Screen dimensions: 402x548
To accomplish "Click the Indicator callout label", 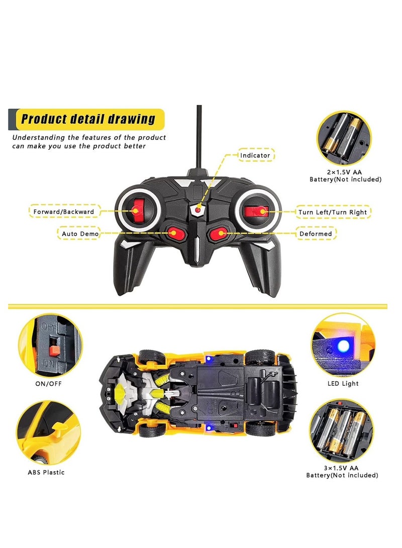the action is [255, 155].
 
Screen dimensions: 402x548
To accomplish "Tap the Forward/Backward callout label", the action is [64, 211].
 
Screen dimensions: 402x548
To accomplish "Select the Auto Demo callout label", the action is [80, 234].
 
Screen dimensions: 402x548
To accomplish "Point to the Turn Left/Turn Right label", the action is [333, 212].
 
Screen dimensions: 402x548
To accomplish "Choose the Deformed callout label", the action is [316, 234].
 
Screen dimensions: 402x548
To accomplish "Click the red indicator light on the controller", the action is [198, 210].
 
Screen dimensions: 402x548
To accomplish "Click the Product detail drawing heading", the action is [88, 119].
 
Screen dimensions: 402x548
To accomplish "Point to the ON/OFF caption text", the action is [48, 383].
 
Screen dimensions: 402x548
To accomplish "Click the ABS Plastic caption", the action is [46, 472].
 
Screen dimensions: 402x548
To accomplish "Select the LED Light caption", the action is [343, 383].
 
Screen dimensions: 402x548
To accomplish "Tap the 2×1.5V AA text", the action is [344, 172].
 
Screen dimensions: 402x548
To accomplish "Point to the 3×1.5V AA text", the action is [341, 468].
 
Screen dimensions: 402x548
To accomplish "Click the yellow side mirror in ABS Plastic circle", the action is [58, 427].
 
